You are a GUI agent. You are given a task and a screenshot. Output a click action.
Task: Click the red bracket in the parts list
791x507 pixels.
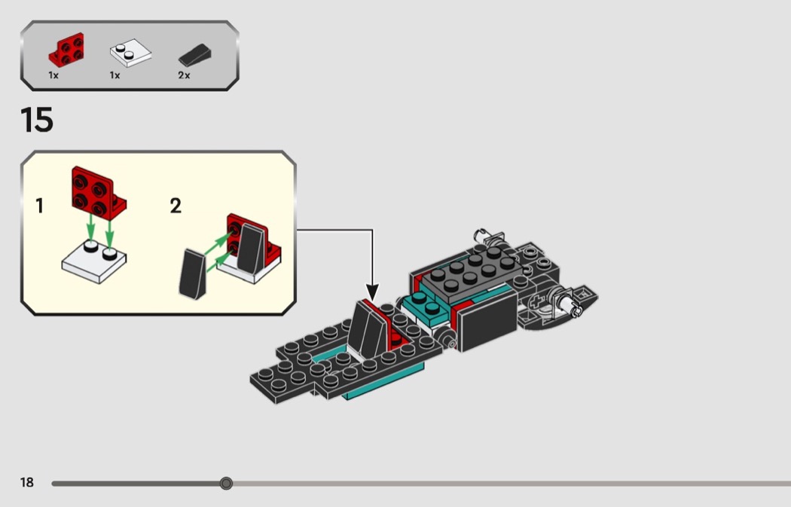66,50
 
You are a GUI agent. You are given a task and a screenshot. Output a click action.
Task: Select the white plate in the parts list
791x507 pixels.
130,53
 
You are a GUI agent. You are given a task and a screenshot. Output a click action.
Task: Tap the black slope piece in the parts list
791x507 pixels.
194,56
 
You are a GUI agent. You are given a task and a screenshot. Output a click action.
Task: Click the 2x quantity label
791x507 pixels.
184,75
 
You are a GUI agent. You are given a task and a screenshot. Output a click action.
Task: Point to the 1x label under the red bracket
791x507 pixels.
53,75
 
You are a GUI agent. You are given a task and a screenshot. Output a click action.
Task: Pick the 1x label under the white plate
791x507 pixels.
115,75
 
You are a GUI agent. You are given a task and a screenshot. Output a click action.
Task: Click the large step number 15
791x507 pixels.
37,120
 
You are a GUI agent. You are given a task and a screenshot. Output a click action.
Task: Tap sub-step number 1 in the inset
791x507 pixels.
39,206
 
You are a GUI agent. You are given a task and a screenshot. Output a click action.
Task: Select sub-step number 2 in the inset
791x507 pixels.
176,206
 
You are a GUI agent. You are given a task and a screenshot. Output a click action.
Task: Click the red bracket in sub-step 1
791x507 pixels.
99,193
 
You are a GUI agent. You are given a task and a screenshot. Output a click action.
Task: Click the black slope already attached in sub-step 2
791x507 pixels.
251,249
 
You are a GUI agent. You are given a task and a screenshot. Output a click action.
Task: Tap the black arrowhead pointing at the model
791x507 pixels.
372,292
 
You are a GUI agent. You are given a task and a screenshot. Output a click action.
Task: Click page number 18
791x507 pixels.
26,482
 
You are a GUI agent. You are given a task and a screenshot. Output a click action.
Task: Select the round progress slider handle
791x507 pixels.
227,484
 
